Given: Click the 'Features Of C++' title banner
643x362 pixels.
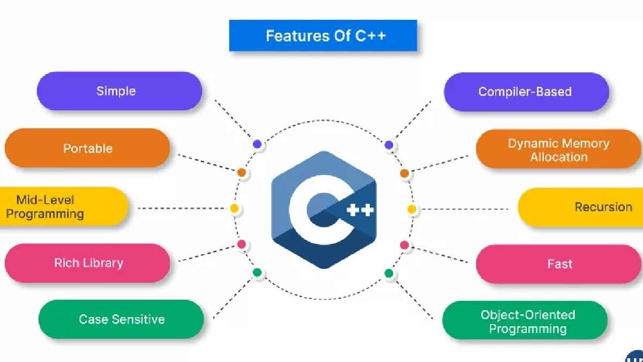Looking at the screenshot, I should point(323,36).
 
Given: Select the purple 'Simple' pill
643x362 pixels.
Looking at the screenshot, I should point(119,91).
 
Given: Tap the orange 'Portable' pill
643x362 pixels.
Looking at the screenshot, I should point(87,148).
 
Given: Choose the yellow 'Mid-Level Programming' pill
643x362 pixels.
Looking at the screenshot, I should point(59,207).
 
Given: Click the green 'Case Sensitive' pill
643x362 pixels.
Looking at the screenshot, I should point(121,319).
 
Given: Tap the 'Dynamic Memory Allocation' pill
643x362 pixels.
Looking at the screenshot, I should point(558,150).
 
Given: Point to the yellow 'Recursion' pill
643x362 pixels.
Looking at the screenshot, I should point(584,207).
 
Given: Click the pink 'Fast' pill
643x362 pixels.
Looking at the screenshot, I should point(558,264).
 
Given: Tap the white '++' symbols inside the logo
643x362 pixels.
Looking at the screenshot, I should point(360,209).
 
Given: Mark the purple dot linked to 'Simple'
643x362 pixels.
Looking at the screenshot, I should point(258,144).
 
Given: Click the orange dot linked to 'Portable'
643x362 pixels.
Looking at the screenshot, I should point(242,173).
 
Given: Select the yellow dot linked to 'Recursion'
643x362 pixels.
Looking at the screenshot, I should point(412,209).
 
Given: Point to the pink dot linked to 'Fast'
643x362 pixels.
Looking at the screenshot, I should point(405,245).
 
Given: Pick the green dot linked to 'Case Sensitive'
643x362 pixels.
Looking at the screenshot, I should point(257,273).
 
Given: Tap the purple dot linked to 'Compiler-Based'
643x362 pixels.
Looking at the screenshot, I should point(389,145).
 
